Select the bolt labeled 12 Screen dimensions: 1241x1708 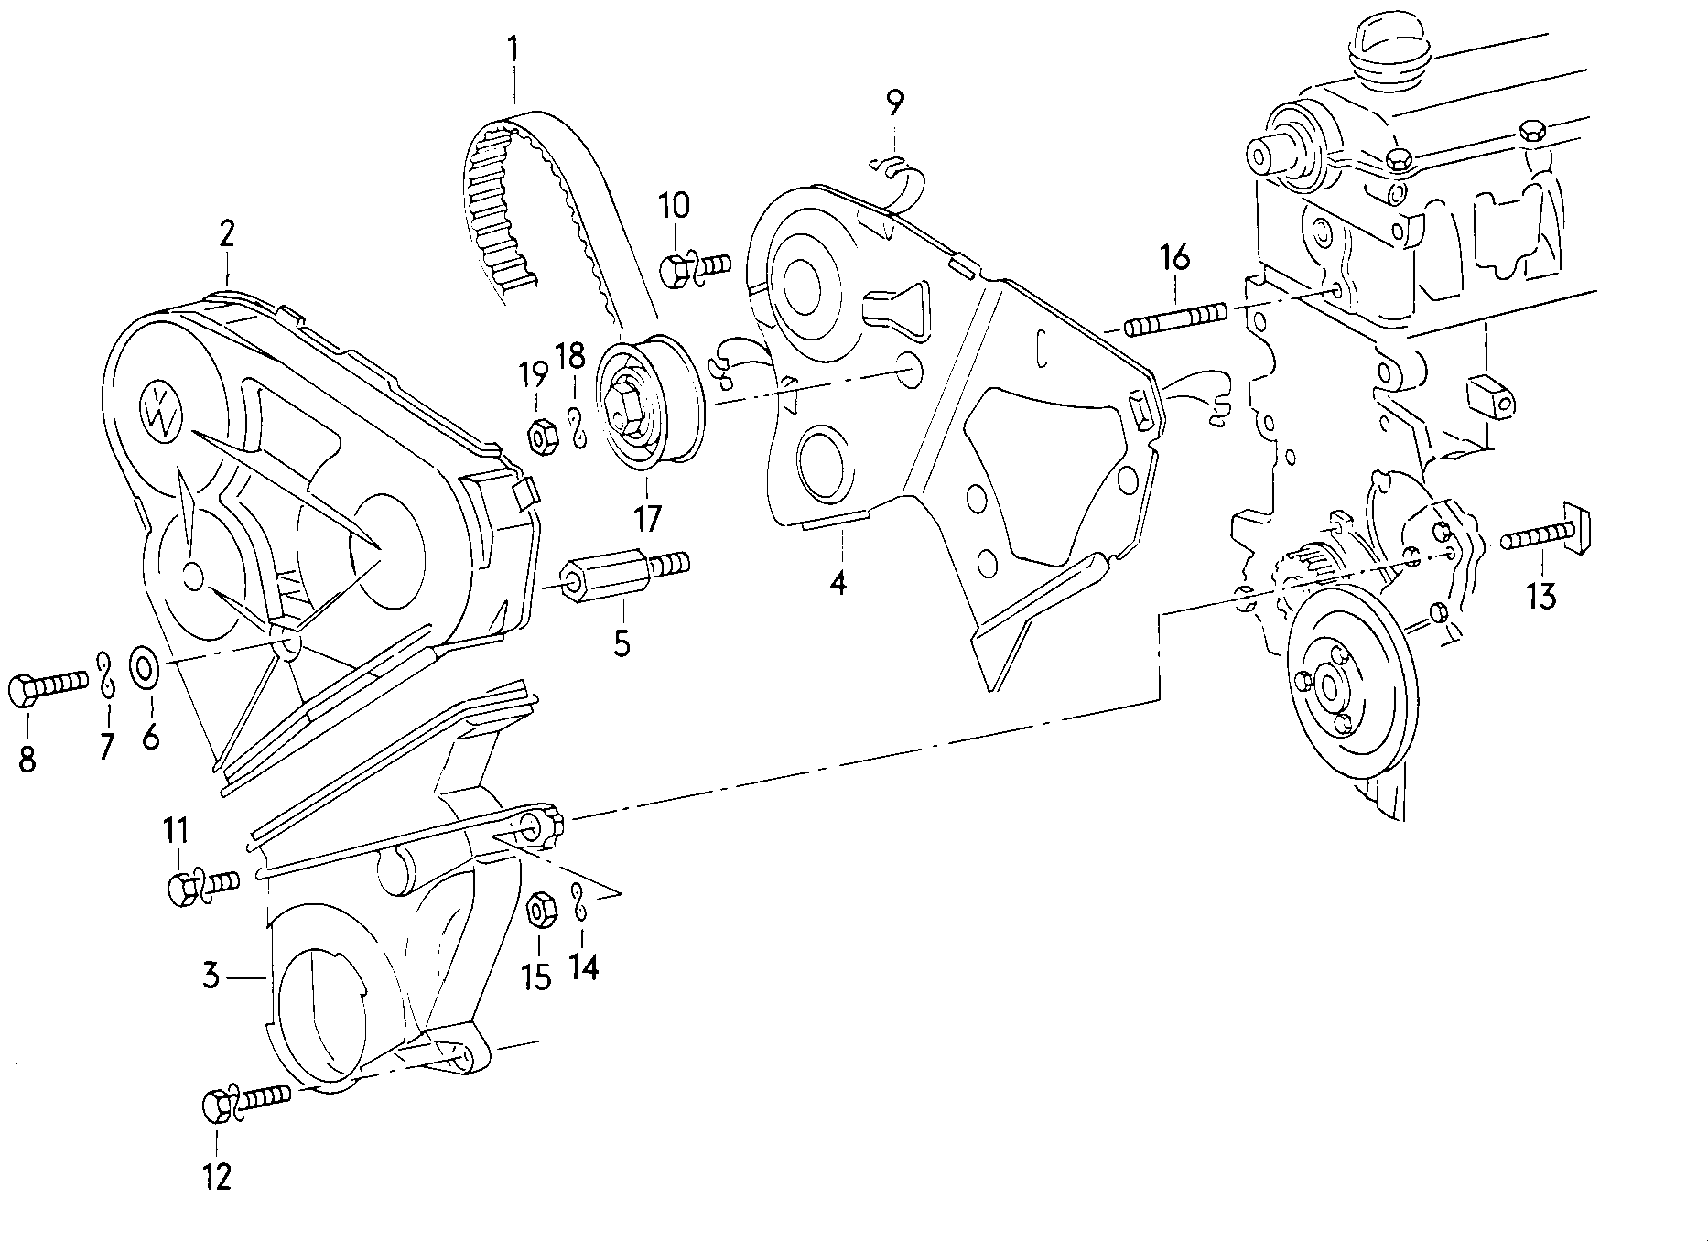click(x=243, y=1101)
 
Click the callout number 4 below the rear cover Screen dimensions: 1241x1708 click(x=838, y=581)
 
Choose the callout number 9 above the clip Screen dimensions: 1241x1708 click(x=894, y=103)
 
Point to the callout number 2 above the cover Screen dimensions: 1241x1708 click(x=226, y=233)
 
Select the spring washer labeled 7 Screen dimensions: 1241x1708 click(x=106, y=674)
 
